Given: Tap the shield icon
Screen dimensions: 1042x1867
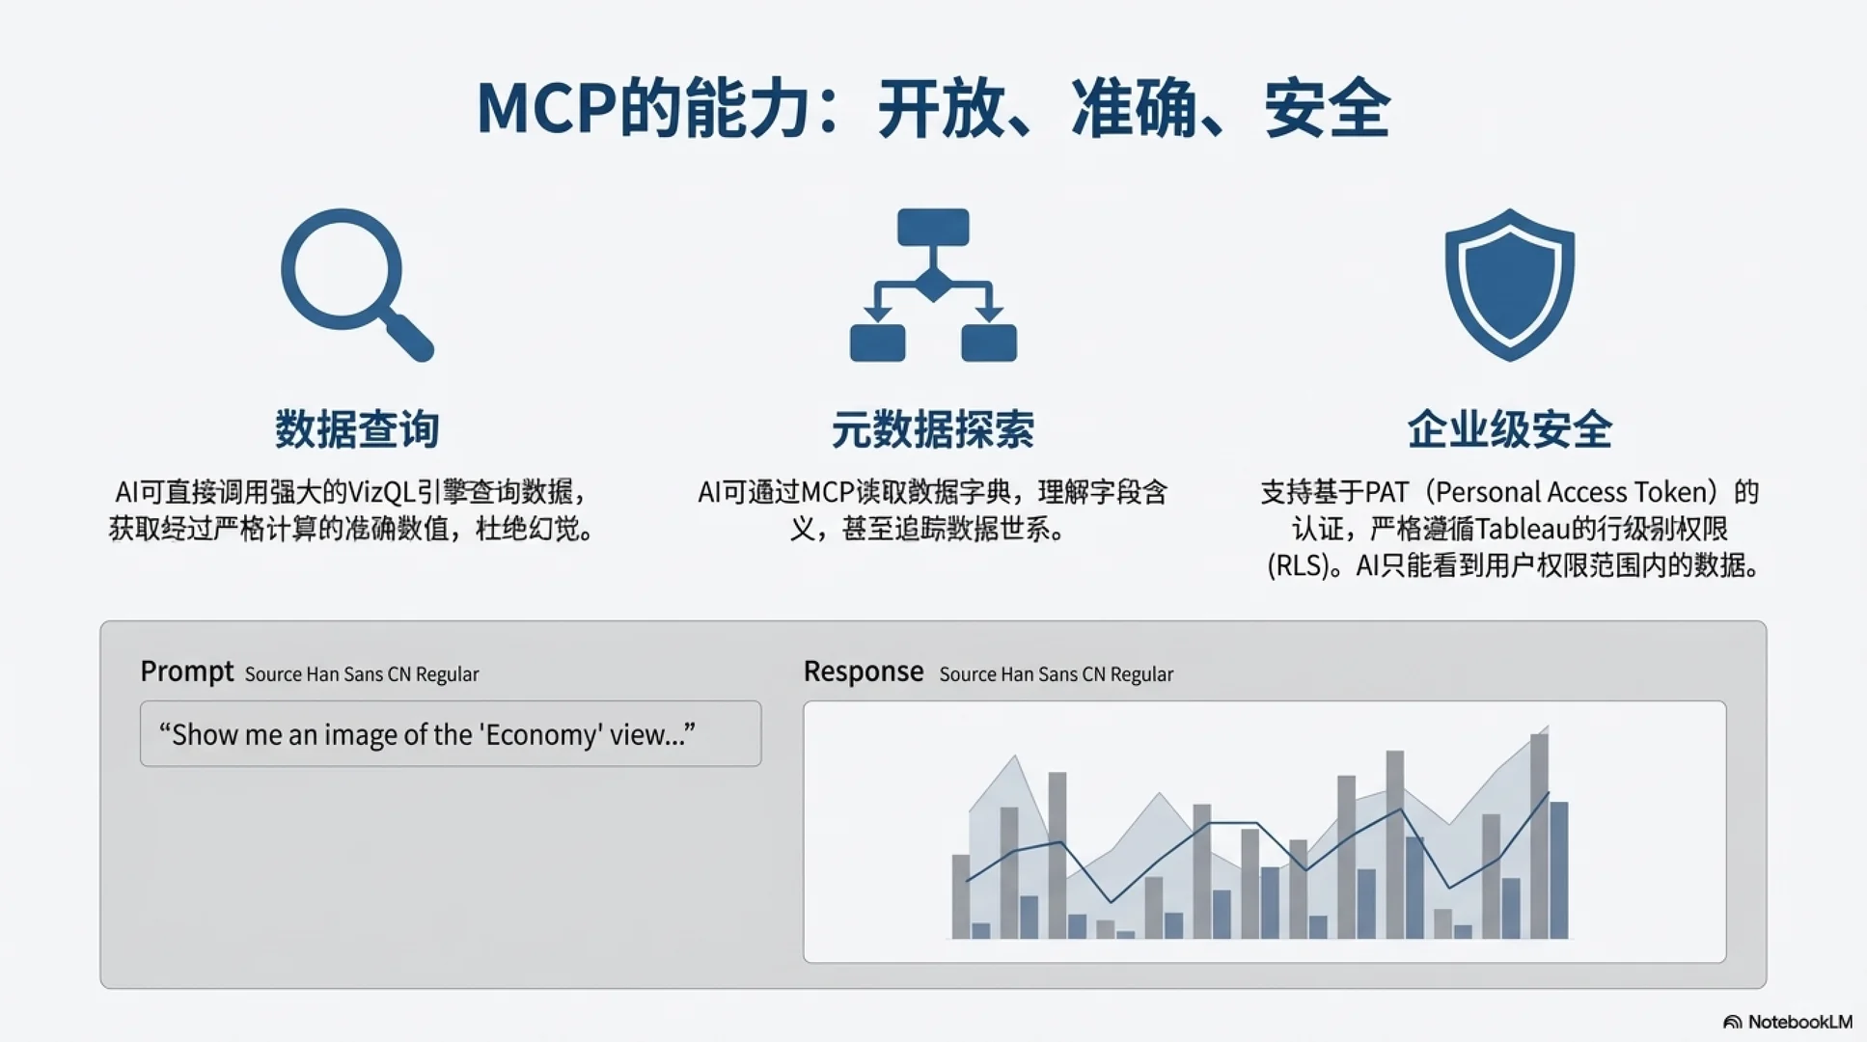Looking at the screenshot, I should coord(1509,284).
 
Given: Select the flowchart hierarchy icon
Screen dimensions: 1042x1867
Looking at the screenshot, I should coord(933,286).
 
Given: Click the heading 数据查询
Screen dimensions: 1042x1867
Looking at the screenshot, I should coord(357,429).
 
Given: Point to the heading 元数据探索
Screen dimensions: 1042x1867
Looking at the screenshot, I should coord(933,429).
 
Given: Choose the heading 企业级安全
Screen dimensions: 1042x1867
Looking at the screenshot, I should coord(1509,429).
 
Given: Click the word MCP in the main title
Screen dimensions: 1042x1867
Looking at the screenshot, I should coord(546,108).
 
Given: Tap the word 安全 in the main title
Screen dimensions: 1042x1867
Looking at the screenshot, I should coord(1327,108).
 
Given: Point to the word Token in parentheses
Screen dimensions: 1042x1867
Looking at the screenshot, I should coord(1668,492).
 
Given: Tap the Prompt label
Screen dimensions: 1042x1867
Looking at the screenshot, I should coord(186,672).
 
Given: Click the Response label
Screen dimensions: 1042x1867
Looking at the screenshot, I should coord(864,672).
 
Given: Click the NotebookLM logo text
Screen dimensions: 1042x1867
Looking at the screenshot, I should coord(1799,1022).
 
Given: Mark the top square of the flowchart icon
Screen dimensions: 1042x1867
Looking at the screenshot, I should coord(933,228).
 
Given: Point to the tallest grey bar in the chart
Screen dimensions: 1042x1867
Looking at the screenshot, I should coord(1539,836).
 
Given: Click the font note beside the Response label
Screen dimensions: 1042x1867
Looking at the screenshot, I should coord(1056,674).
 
